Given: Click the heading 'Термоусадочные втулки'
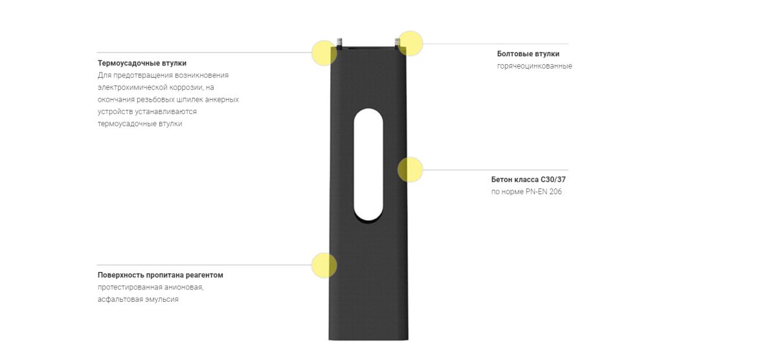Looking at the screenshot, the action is coord(142,63).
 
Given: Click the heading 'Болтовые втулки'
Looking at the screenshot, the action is coord(528,54).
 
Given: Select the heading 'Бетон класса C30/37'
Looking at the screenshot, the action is coord(528,179).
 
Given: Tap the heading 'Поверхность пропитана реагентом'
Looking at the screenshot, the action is coord(161,275).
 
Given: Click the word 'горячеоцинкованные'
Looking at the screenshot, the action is coord(534,66).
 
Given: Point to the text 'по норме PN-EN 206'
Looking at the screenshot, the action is coord(526,192).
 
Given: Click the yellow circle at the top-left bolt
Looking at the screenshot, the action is coord(324,53).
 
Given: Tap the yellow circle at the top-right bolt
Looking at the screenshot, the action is coord(410,43).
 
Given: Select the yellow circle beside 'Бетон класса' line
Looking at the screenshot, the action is coord(410,170).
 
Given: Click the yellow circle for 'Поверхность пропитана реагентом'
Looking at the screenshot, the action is coord(324,265).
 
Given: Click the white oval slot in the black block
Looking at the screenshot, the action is coord(368,164).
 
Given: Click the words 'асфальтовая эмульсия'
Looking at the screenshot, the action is coord(138,299).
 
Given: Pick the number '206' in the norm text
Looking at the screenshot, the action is coord(556,192).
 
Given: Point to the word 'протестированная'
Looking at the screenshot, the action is coord(130,287).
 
